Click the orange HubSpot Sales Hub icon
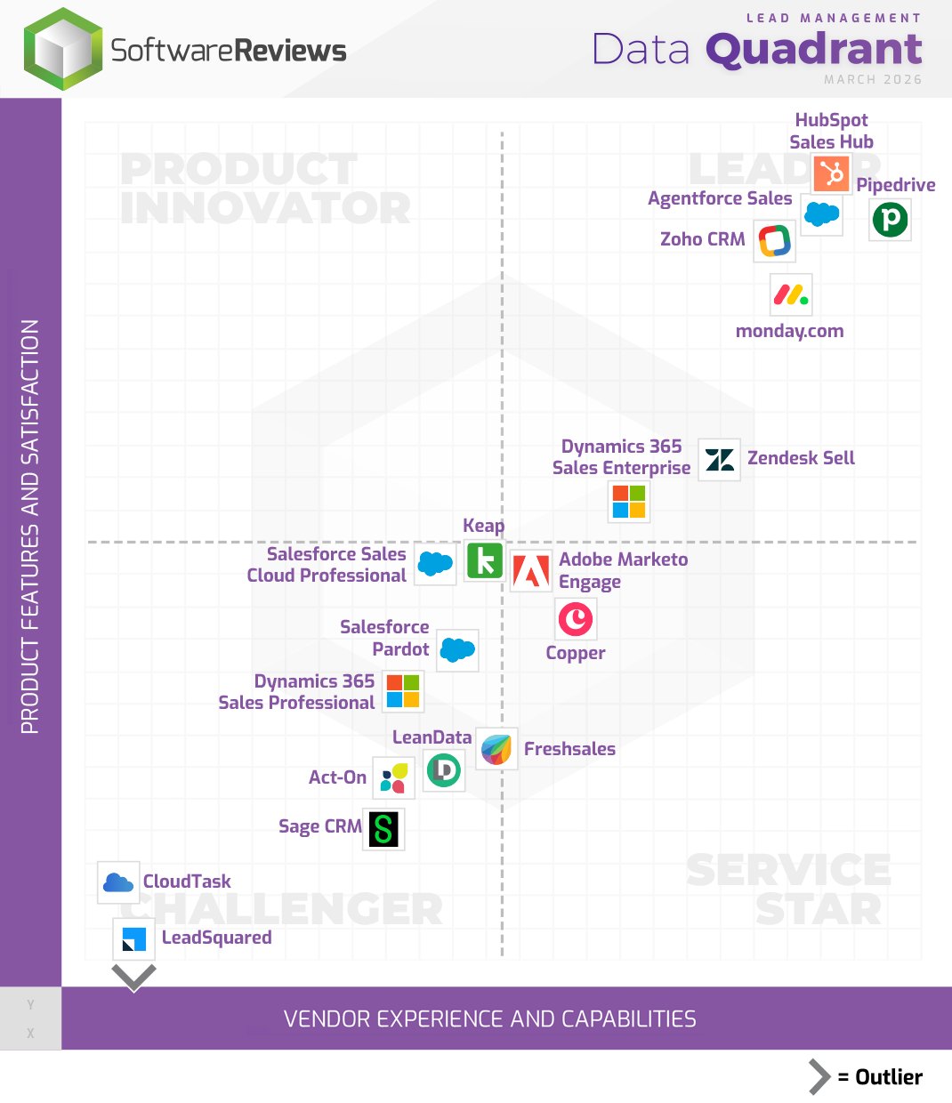click(x=832, y=173)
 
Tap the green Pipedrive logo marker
click(x=890, y=220)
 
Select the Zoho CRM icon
click(x=775, y=240)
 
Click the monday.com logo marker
click(x=791, y=294)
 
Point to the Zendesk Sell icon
click(x=719, y=460)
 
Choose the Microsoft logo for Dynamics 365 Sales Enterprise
click(x=629, y=502)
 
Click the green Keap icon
click(x=485, y=561)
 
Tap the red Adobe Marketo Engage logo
click(x=531, y=571)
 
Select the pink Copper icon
click(x=576, y=619)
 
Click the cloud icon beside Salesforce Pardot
click(x=457, y=650)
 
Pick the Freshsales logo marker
click(x=496, y=749)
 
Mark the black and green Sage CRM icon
click(x=383, y=829)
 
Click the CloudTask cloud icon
click(x=118, y=882)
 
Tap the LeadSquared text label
click(x=216, y=938)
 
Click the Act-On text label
click(x=337, y=777)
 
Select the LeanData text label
click(x=432, y=737)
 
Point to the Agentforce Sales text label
click(x=719, y=198)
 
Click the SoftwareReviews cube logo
click(x=63, y=50)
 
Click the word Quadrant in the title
click(x=814, y=49)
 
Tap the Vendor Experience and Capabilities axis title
click(x=489, y=1019)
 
